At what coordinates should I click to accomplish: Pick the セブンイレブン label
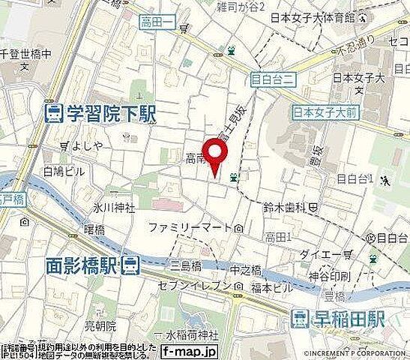point(192,286)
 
